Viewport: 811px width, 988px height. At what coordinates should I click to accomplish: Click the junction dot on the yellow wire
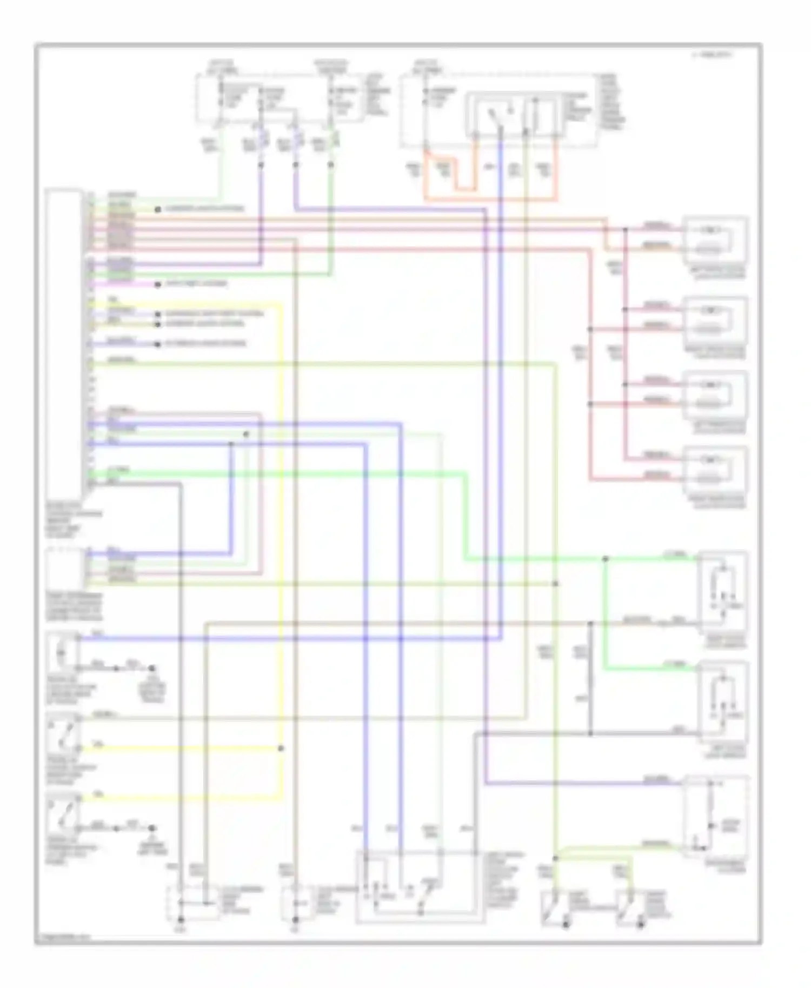281,749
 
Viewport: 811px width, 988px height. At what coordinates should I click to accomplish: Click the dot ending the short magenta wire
158,284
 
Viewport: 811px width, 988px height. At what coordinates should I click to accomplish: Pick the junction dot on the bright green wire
606,559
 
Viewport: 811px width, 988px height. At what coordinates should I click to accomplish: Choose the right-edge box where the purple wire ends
716,817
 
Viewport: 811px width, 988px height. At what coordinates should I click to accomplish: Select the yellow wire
281,540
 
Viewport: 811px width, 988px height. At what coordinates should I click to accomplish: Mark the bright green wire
465,513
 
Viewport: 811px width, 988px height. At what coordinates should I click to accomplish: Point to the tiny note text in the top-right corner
712,55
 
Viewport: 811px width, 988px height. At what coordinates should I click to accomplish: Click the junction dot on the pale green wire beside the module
246,434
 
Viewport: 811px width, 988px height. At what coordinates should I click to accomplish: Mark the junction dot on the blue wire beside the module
231,444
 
